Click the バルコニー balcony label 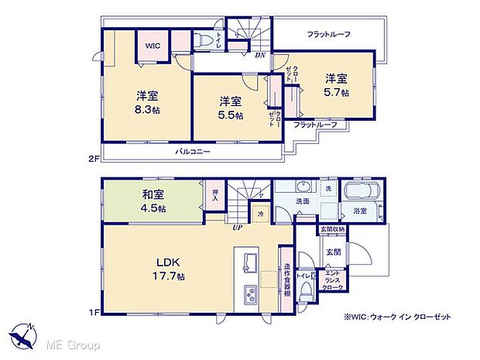[192, 152]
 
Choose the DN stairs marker [261, 55]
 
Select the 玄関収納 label [334, 230]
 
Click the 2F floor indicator [94, 159]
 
